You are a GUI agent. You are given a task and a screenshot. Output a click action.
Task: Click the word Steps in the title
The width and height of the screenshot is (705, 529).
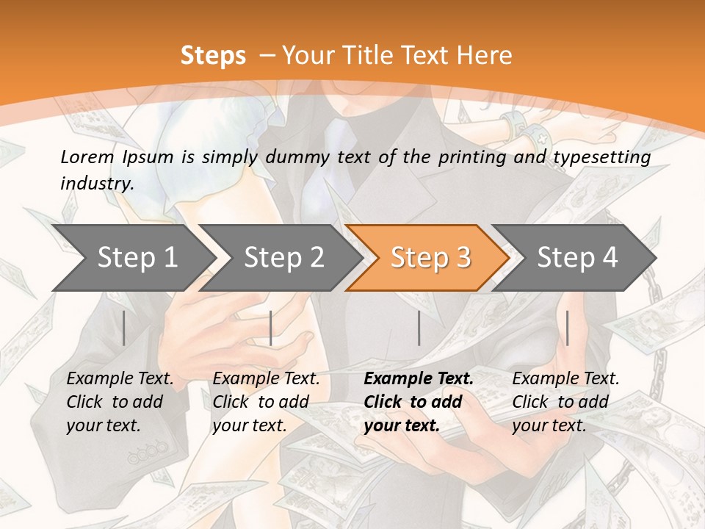click(213, 56)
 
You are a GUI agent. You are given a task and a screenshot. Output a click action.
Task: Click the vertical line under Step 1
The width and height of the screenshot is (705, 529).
click(124, 328)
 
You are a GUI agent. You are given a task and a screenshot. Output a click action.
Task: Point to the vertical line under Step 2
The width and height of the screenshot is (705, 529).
click(271, 328)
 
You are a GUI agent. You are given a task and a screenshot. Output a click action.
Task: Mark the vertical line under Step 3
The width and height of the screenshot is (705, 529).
click(419, 328)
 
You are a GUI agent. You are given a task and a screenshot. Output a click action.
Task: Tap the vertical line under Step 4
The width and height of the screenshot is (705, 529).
click(567, 328)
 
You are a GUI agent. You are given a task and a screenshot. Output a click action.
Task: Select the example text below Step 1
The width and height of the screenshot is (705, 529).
click(120, 402)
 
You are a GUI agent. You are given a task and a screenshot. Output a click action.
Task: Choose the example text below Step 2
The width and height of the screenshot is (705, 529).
click(266, 402)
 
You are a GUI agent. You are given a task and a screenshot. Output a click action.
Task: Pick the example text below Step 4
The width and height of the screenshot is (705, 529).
click(565, 402)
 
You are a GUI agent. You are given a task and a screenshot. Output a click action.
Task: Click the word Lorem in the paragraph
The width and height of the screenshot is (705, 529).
click(87, 156)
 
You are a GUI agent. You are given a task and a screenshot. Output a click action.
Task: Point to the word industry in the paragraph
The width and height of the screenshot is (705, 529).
click(97, 183)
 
